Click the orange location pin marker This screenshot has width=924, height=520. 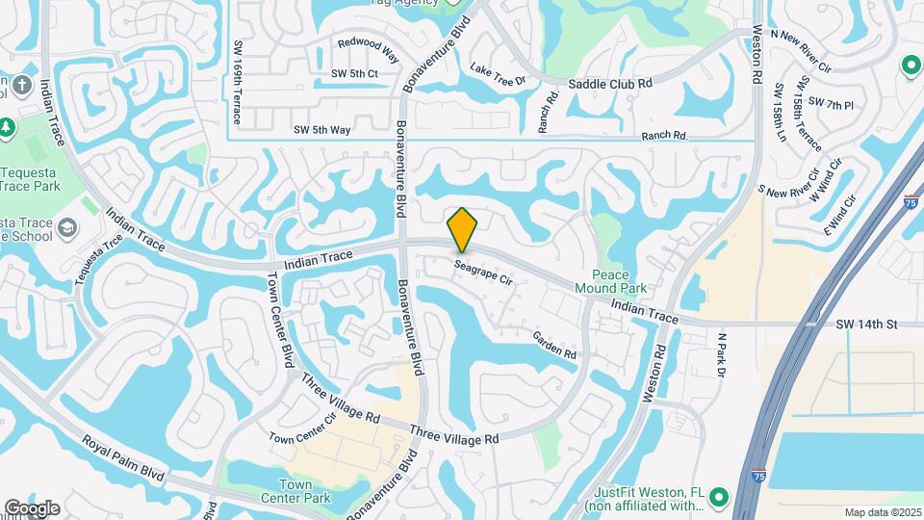[x=463, y=229]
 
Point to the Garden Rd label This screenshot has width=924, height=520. [x=554, y=346]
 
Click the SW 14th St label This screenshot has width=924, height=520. [x=866, y=325]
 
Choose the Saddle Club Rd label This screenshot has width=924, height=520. [x=610, y=84]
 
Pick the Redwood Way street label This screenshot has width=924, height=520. [x=368, y=45]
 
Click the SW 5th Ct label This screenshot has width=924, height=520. [x=354, y=74]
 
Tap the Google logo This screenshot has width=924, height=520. [x=32, y=507]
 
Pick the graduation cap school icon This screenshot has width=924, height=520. [x=66, y=227]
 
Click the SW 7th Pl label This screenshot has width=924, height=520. [x=831, y=103]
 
